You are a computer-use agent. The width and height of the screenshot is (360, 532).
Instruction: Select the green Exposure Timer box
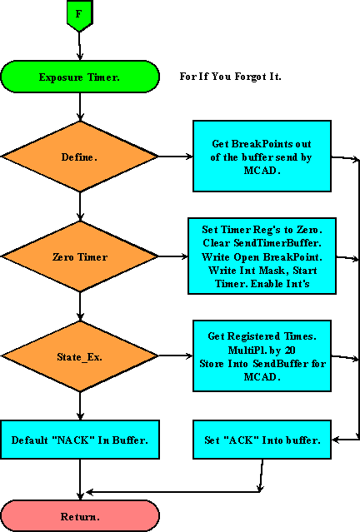79,77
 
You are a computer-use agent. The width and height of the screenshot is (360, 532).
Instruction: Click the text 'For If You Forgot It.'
231,77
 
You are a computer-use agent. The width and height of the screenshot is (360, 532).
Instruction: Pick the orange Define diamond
79,156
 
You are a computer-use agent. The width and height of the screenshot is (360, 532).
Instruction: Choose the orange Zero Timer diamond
79,257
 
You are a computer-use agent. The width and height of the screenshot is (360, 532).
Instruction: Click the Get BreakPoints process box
262,156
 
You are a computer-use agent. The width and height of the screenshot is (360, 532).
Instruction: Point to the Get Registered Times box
262,356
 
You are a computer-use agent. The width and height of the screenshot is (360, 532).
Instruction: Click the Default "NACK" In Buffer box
79,440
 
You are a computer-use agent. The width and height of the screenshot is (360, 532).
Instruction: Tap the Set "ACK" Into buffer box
262,440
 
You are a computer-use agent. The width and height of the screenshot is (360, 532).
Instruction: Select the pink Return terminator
79,516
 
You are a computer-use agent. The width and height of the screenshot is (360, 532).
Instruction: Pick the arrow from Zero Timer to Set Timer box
172,257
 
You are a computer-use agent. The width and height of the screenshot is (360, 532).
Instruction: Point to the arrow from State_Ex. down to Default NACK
79,406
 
